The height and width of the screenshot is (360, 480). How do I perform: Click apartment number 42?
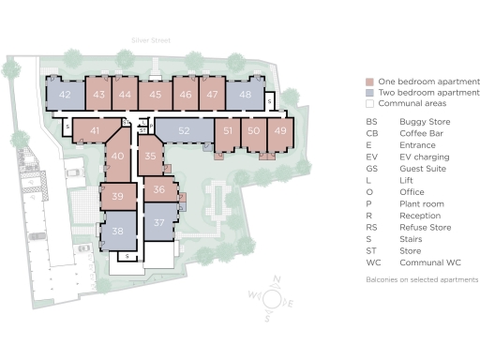(x=65, y=95)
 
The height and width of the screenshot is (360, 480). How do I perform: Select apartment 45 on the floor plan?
(x=157, y=95)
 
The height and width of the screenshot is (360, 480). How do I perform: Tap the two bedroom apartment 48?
(x=245, y=95)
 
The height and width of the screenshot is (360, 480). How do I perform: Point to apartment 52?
(x=184, y=130)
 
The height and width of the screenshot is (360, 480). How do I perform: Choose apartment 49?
(x=279, y=130)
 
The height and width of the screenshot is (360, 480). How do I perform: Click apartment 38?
(x=117, y=231)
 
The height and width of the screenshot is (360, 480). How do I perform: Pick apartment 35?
(x=150, y=157)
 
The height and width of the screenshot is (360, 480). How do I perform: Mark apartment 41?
(x=95, y=131)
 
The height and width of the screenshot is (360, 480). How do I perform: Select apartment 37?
(x=158, y=222)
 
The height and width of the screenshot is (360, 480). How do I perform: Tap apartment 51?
(x=228, y=130)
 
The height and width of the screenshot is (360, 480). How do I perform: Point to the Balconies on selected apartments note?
(x=422, y=279)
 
